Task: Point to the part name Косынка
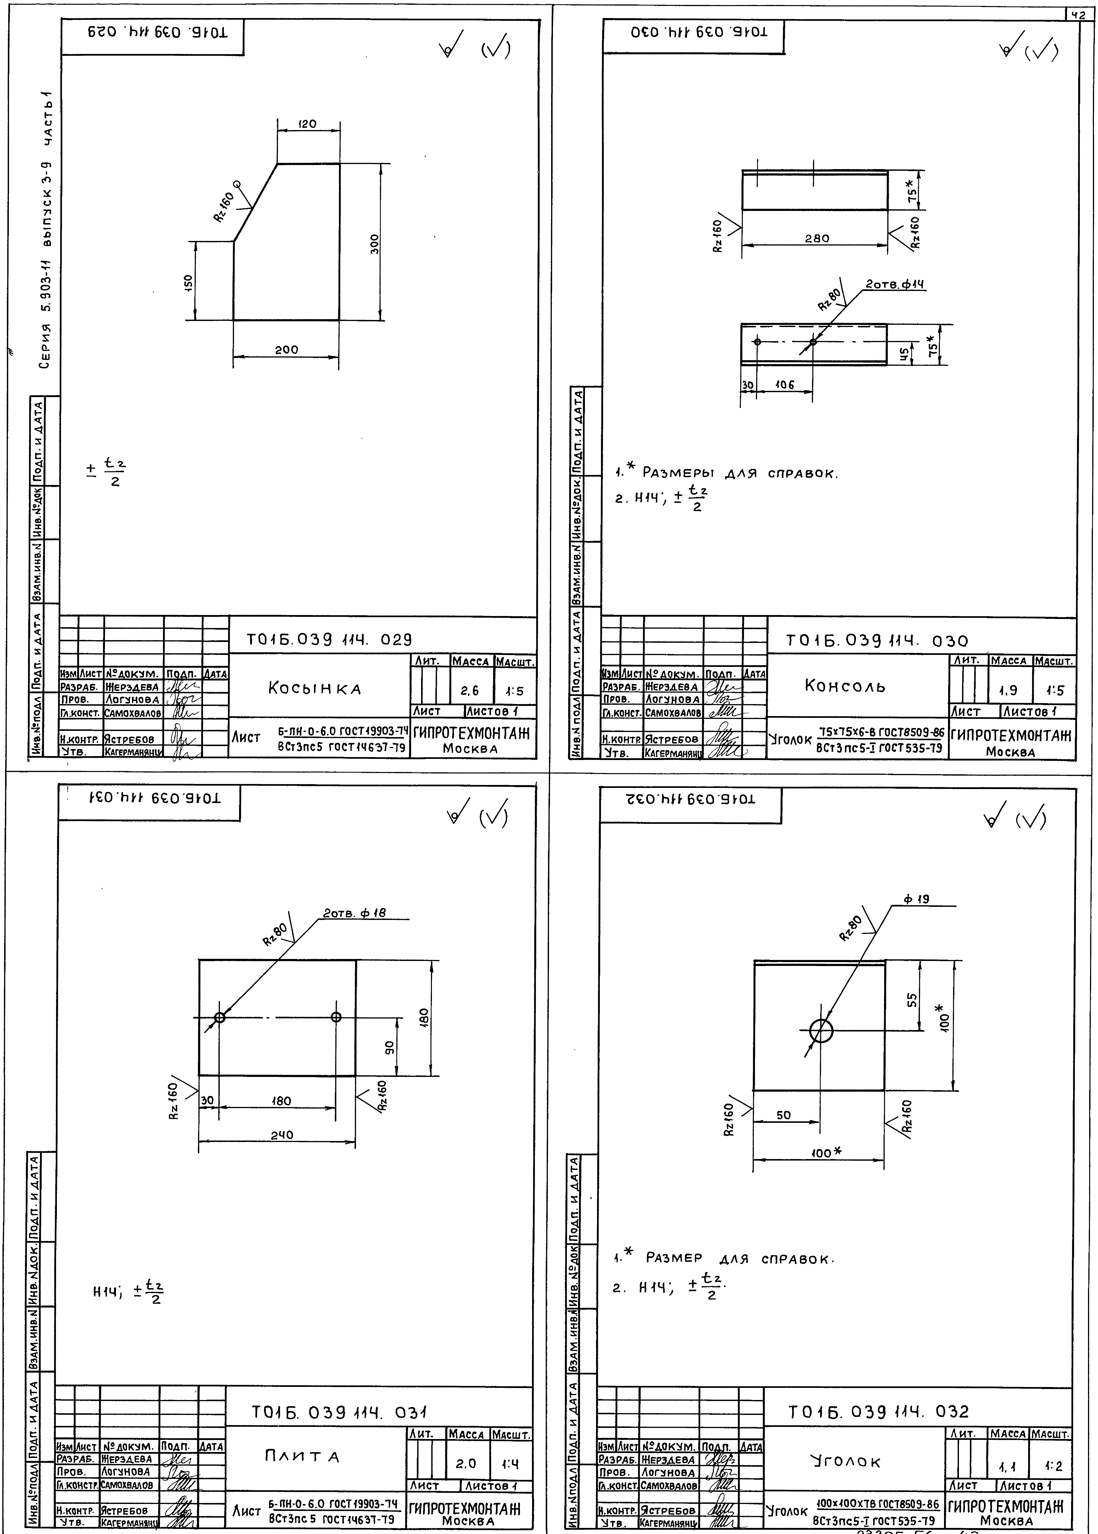[x=315, y=689]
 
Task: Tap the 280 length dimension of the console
[x=817, y=239]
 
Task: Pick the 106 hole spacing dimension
[x=784, y=385]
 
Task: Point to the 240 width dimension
[x=282, y=1135]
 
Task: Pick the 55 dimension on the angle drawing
[x=912, y=998]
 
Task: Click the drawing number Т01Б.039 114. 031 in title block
[x=339, y=1412]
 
